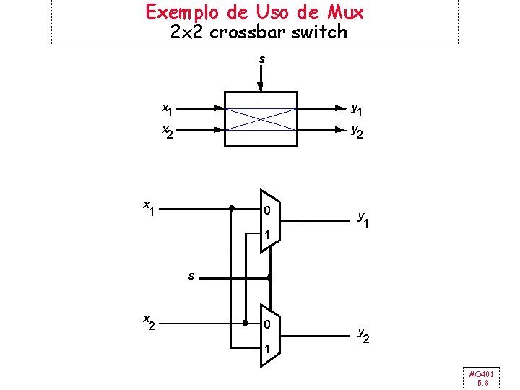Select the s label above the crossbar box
click(x=261, y=58)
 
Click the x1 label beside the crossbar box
click(x=167, y=109)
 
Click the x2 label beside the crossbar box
click(x=167, y=131)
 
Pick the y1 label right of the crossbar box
click(x=357, y=110)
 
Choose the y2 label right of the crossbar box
click(x=357, y=131)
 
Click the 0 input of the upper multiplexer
click(x=267, y=211)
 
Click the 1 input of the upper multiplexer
click(x=267, y=235)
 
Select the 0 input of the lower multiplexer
click(x=267, y=325)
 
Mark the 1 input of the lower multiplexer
click(x=267, y=350)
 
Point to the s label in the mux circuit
click(x=191, y=275)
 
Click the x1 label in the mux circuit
click(x=148, y=207)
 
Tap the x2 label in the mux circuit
click(x=148, y=321)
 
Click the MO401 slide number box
click(x=480, y=378)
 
